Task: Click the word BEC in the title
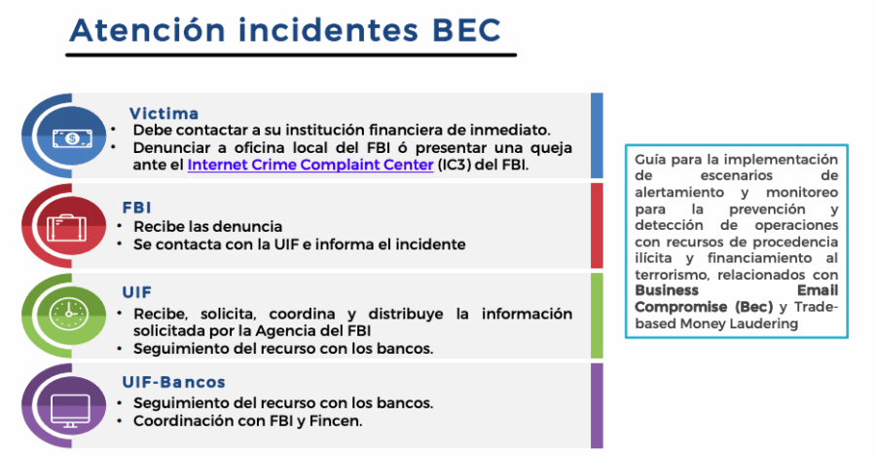(x=466, y=29)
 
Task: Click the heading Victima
(x=164, y=114)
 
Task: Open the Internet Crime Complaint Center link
(x=310, y=165)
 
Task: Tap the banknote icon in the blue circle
(x=71, y=137)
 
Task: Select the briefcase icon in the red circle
(x=67, y=227)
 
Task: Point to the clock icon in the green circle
(x=69, y=314)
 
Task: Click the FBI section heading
(x=137, y=208)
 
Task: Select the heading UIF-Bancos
(x=174, y=382)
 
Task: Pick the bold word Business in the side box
(x=667, y=290)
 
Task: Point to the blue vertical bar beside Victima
(x=597, y=135)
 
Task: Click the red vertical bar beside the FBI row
(x=597, y=225)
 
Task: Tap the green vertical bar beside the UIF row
(x=597, y=316)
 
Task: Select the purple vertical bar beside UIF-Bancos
(x=597, y=405)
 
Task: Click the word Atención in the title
(x=148, y=29)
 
